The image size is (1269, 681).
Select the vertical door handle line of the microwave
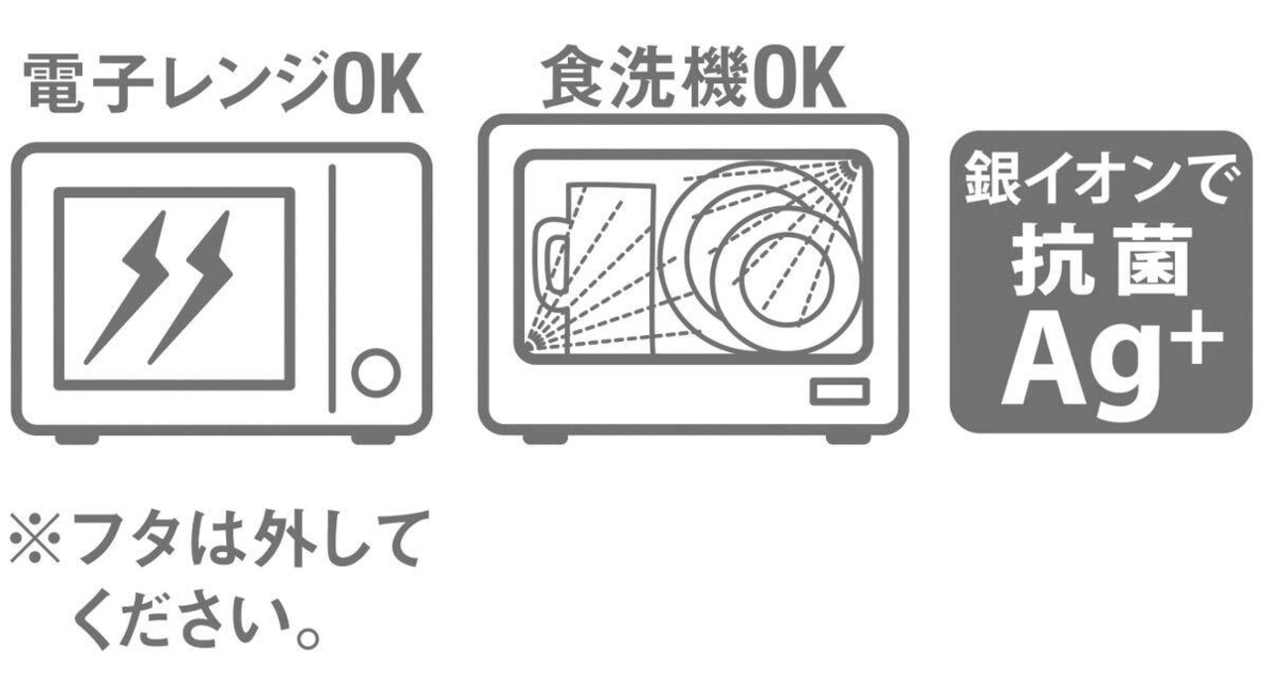coord(332,288)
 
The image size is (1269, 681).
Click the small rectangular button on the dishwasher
coord(840,392)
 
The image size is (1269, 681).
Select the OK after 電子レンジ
coord(378,84)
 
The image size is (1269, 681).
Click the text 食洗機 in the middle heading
coord(644,76)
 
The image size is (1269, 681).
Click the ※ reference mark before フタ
coord(35,538)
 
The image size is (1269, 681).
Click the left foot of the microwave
coord(77,439)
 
